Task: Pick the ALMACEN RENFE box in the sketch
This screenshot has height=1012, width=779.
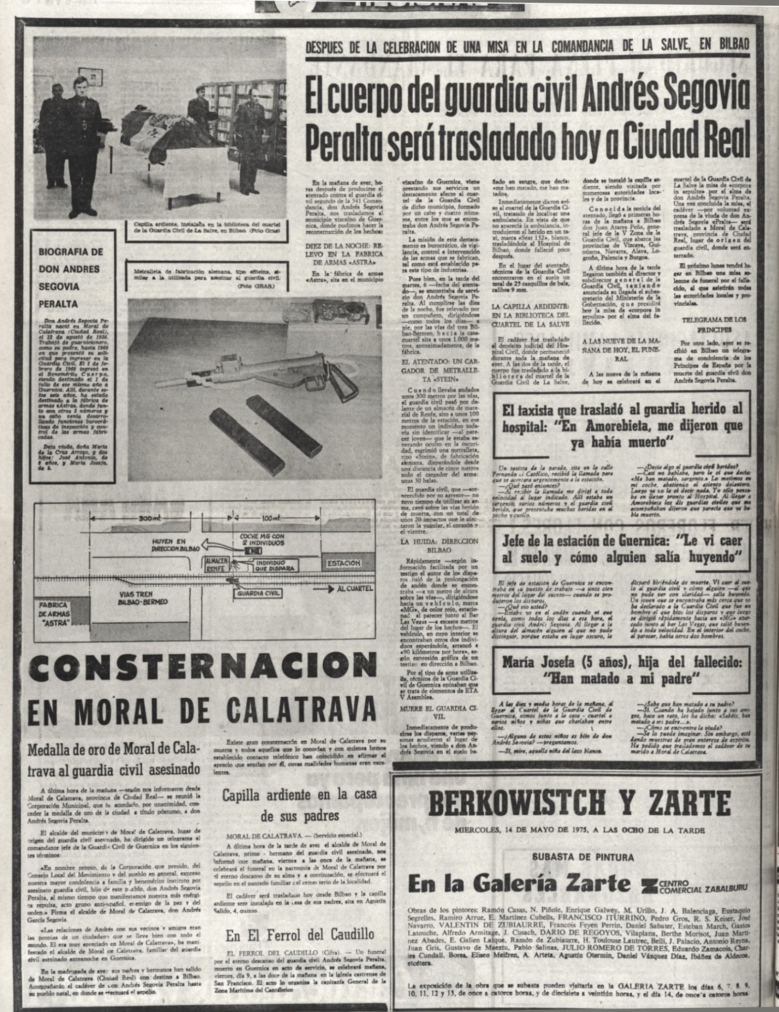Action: (216, 566)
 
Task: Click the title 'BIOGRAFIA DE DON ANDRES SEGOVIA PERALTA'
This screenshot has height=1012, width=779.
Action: (72, 277)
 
